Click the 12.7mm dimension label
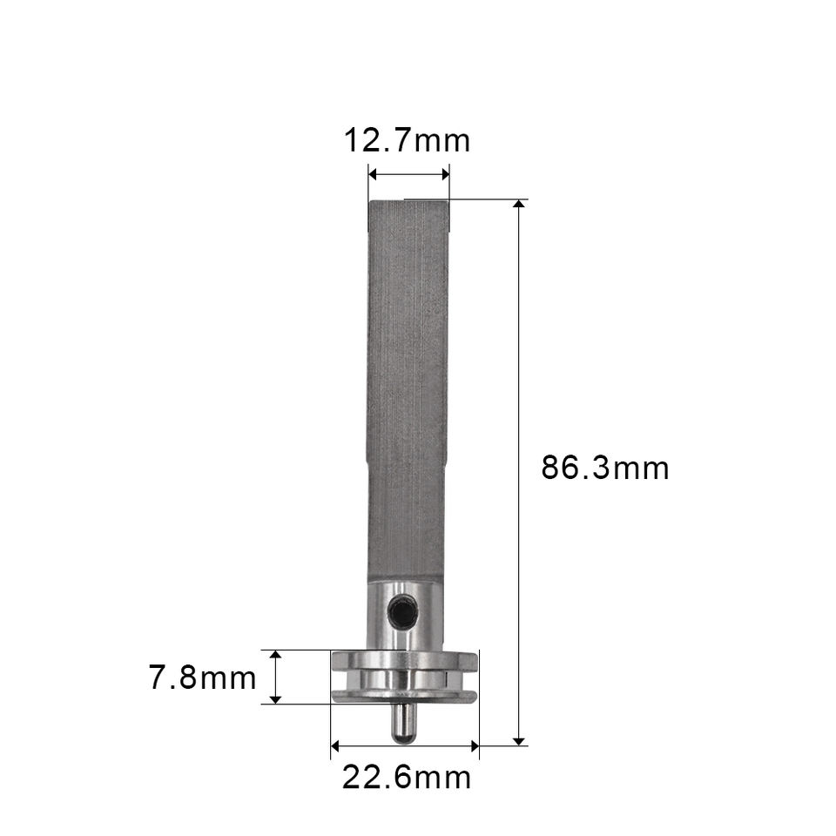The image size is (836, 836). click(407, 141)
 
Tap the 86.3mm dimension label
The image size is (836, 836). click(604, 468)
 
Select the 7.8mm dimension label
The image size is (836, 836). click(202, 678)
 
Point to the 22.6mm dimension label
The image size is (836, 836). click(407, 778)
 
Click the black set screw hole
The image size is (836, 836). click(401, 613)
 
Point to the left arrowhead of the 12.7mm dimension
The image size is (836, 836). click(374, 174)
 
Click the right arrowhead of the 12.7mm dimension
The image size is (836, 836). click(445, 174)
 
